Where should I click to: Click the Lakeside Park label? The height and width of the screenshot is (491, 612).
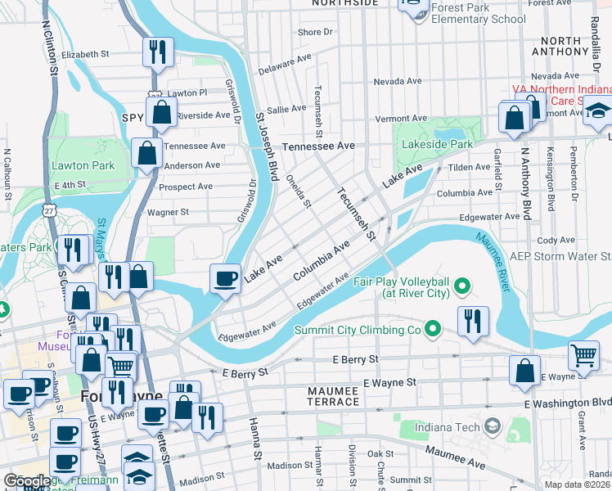click(437, 145)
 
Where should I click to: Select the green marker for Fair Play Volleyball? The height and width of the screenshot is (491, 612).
click(462, 286)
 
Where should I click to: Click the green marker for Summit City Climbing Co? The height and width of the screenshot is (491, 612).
click(433, 330)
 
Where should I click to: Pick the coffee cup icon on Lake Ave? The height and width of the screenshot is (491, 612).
click(226, 278)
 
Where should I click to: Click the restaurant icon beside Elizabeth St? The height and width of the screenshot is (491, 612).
click(156, 52)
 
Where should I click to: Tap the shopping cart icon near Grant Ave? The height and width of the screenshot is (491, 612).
click(583, 355)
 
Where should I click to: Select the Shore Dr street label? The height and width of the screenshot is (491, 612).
click(316, 33)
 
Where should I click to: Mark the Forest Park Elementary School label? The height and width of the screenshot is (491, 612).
click(478, 14)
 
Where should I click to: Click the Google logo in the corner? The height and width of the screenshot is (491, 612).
click(26, 481)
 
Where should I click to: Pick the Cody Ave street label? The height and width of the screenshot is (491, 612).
click(556, 241)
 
